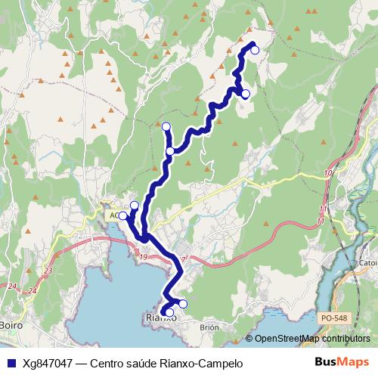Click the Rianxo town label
[160, 318]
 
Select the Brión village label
[209, 327]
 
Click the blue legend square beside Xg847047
[11, 363]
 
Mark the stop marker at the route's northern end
[255, 50]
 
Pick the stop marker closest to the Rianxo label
[169, 312]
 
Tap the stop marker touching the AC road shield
[122, 215]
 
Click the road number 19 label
[143, 257]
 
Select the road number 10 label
[327, 174]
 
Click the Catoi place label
[368, 264]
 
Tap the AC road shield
[113, 215]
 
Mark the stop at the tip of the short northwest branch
[166, 125]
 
